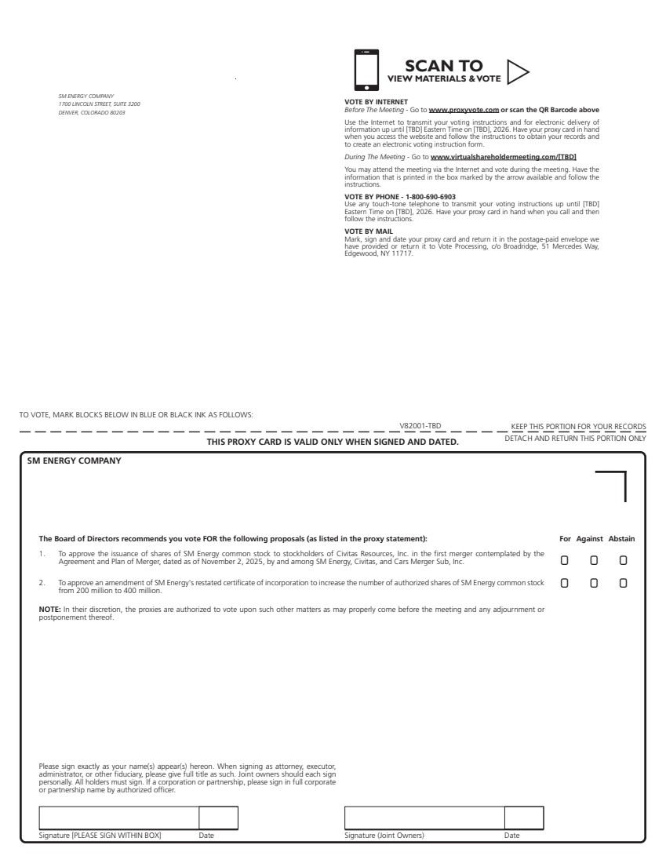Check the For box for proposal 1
(x=565, y=561)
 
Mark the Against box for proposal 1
(x=594, y=561)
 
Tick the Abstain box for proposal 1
(x=623, y=561)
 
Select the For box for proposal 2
(x=565, y=584)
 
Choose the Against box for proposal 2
(x=594, y=584)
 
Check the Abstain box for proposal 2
(x=623, y=584)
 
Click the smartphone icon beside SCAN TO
(x=366, y=70)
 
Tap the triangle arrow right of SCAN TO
(x=517, y=71)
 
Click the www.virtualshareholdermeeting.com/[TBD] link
(x=503, y=157)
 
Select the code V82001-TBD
(x=420, y=426)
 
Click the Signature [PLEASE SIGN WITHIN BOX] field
(x=118, y=817)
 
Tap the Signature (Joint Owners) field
(x=424, y=817)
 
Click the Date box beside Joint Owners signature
(x=523, y=817)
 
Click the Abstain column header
(x=621, y=539)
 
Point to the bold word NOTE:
(x=49, y=609)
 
